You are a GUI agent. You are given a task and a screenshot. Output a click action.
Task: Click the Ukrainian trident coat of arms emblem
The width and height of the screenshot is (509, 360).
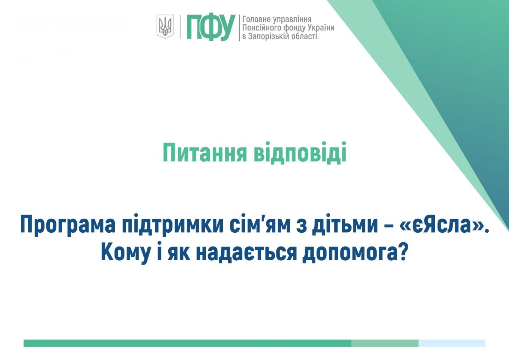(165, 27)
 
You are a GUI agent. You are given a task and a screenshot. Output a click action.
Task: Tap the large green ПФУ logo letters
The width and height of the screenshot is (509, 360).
(211, 27)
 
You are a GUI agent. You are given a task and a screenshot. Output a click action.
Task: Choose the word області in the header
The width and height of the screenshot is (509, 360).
(305, 36)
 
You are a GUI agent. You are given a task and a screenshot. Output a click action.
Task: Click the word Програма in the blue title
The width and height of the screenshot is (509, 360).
(68, 225)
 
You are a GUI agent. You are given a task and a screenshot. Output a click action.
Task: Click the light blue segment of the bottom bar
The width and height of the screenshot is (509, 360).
(452, 343)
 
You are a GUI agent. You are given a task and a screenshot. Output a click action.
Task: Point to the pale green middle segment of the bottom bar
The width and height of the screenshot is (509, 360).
(385, 343)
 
